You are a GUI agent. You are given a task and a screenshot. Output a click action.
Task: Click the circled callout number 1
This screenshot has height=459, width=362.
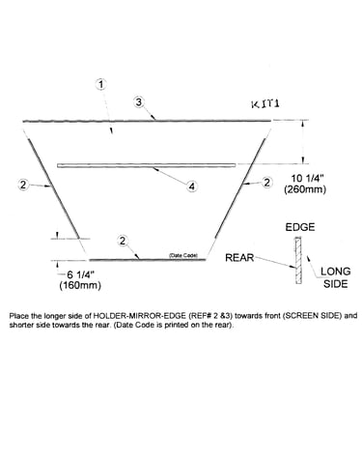tap(101, 84)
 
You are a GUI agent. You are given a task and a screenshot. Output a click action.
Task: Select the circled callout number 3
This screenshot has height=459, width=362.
tap(139, 101)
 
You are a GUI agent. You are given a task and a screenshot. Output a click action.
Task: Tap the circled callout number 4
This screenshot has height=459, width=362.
tap(192, 186)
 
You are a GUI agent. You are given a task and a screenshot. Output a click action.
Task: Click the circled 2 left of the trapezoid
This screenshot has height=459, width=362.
tap(23, 185)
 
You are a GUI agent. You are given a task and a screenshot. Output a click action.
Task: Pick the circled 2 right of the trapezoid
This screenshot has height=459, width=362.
tap(266, 183)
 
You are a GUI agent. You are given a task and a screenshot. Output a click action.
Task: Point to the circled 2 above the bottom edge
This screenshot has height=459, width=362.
tap(123, 241)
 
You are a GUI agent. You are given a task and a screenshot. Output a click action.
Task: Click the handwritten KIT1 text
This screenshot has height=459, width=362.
tap(265, 104)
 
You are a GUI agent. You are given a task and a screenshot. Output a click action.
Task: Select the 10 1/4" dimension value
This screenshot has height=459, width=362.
tap(305, 178)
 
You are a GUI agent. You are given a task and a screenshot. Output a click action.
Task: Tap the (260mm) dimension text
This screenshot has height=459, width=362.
tap(305, 189)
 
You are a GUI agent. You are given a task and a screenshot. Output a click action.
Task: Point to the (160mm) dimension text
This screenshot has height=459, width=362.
tap(80, 285)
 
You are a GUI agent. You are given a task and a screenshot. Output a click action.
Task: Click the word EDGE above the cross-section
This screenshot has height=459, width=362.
tap(300, 227)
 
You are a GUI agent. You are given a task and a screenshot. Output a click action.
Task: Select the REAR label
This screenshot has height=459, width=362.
tap(239, 258)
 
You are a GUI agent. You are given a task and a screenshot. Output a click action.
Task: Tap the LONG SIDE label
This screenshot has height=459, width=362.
tap(336, 277)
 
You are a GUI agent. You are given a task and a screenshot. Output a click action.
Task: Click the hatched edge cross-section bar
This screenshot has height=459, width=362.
tap(299, 261)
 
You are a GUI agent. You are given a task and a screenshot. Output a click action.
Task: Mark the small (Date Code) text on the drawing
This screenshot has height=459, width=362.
tap(183, 255)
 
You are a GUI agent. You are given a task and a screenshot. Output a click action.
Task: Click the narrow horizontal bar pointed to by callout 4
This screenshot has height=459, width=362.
tap(147, 165)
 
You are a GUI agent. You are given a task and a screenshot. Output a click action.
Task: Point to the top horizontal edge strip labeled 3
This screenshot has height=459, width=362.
tap(147, 121)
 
